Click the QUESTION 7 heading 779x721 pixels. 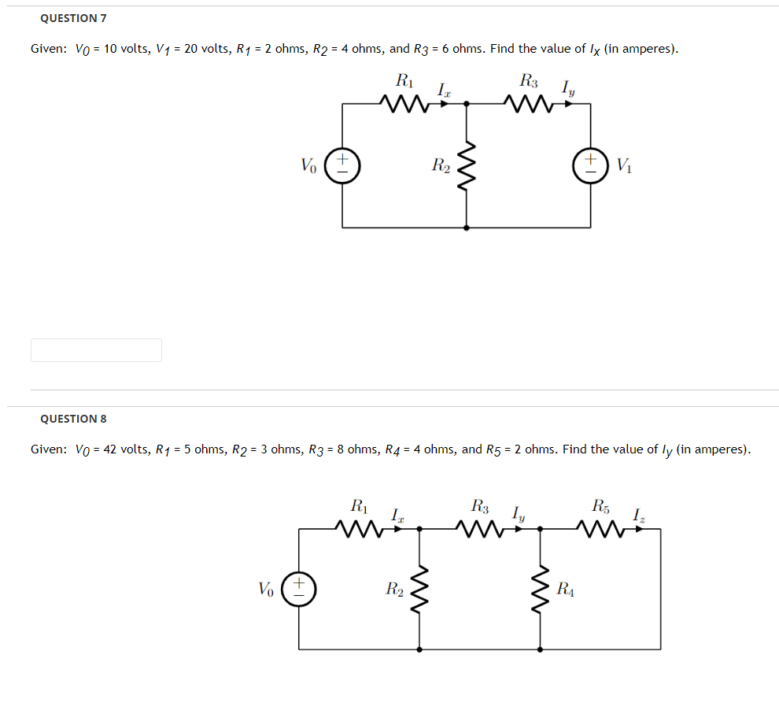73,17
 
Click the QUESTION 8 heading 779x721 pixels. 73,419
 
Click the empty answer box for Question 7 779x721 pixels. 96,350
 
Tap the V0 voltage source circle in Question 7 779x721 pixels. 342,166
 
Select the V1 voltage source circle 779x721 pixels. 590,166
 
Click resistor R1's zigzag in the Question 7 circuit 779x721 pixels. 404,102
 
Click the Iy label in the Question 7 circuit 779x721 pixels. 567,90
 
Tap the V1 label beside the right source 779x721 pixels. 625,165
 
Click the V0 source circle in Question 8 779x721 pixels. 299,590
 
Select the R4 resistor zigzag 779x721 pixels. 540,590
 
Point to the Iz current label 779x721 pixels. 639,516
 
